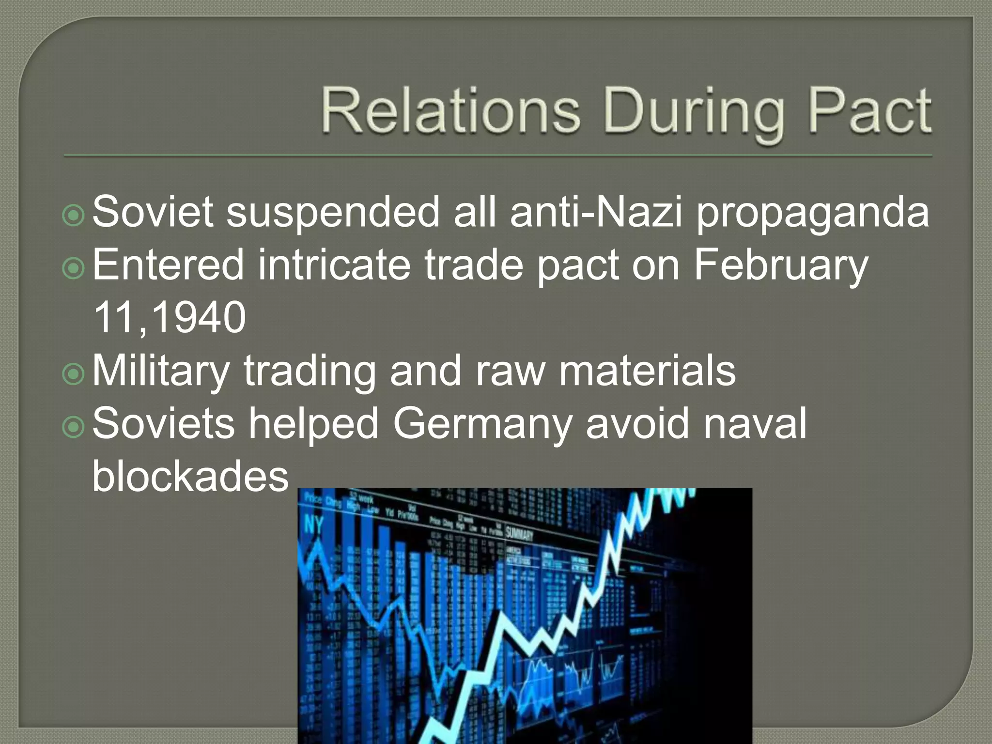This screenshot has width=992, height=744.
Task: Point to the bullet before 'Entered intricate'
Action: (x=74, y=268)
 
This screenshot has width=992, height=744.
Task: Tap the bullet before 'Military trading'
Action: (x=74, y=373)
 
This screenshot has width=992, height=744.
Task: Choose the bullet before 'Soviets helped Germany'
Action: (x=74, y=426)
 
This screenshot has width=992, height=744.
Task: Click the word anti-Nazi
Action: (x=596, y=211)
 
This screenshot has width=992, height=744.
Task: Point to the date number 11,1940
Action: (x=169, y=318)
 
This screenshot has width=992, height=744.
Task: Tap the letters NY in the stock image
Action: (x=313, y=525)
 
